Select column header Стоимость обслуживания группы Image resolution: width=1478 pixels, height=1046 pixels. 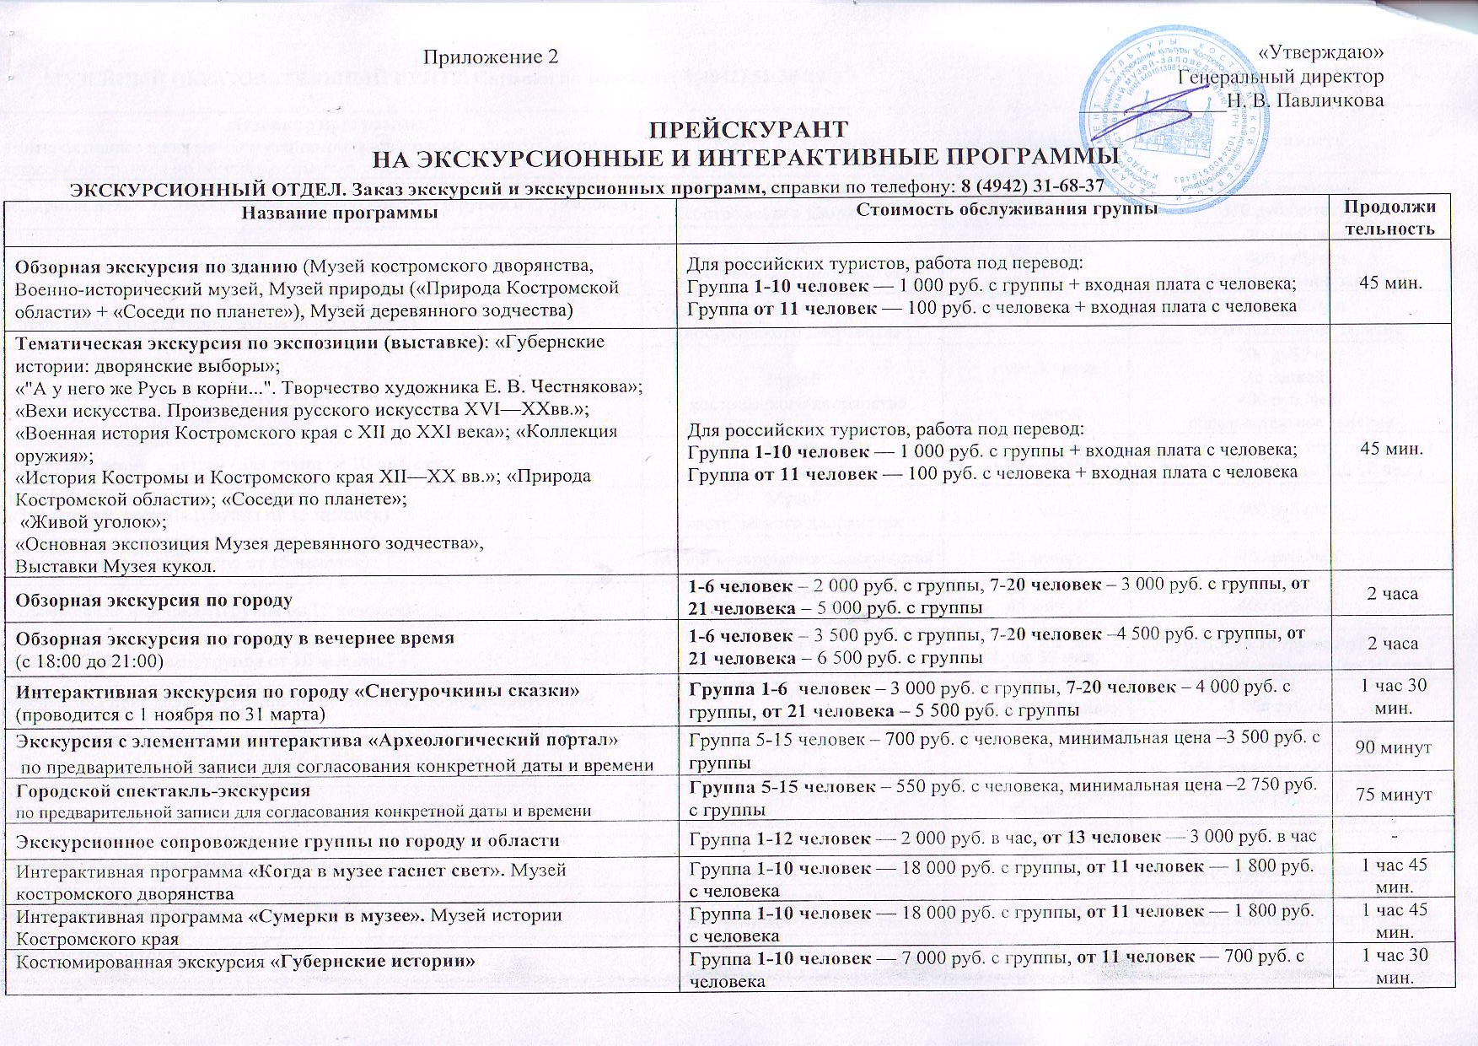1005,211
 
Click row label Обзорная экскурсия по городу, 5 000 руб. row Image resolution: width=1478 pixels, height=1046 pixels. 153,601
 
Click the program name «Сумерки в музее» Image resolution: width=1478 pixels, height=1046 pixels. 338,914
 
